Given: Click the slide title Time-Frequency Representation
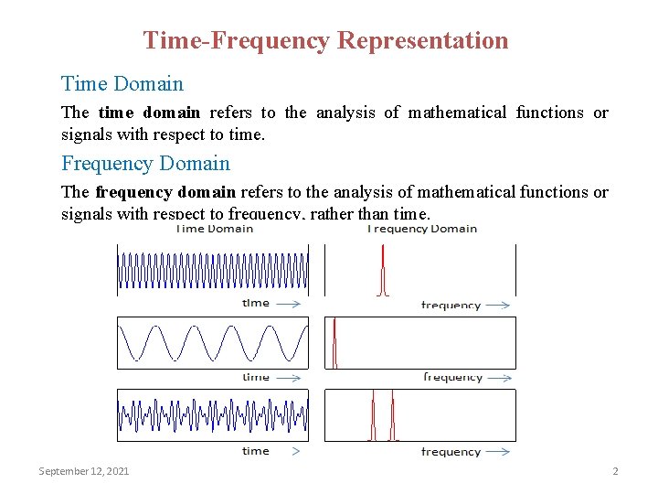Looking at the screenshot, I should [325, 40].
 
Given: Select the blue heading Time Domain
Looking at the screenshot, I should [122, 84].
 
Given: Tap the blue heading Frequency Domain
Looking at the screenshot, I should [145, 164].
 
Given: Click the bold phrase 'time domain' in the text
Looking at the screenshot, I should [148, 113].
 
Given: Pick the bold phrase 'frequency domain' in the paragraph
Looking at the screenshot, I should [165, 192].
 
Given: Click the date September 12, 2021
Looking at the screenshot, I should [83, 471].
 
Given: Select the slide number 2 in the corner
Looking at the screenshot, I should [615, 471].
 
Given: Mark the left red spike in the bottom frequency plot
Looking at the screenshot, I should [373, 417].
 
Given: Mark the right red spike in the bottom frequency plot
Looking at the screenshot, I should [392, 417].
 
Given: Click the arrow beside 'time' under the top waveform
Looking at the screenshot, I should [288, 303].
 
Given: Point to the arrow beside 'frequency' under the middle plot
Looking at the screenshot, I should [497, 377].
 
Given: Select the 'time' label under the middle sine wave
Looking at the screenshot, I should [256, 377].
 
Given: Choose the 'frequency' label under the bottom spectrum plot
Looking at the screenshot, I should [451, 452].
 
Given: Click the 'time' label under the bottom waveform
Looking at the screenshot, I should [256, 451].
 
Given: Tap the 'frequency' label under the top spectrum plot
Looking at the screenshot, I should [451, 305].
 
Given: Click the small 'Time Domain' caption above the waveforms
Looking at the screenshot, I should [215, 229].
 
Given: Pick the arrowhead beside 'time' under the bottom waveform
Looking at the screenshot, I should [295, 451].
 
